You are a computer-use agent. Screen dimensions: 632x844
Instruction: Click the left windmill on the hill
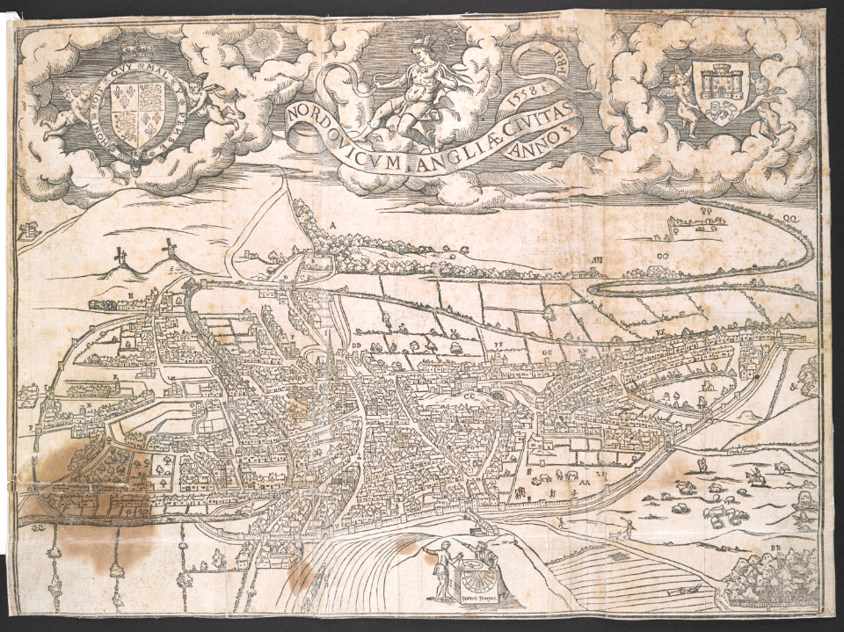(121, 256)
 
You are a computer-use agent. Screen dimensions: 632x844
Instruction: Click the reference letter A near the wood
(333, 225)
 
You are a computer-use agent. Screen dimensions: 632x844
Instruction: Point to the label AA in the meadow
(584, 482)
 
